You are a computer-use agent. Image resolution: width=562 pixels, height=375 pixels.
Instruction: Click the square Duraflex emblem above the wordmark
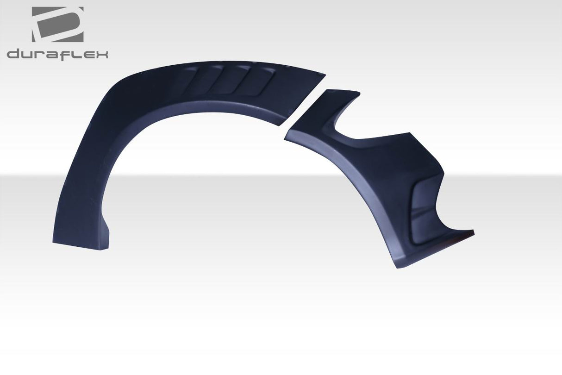(57, 24)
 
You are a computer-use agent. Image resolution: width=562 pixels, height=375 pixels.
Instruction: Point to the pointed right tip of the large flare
(322, 74)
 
